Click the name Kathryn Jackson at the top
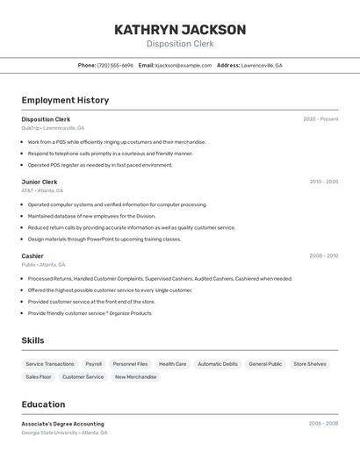coord(179,30)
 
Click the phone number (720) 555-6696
coord(115,65)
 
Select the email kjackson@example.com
coord(184,65)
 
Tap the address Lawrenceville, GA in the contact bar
coord(262,65)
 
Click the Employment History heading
coord(65,100)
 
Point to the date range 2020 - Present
coord(320,119)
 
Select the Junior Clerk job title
coord(40,182)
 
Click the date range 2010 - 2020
coord(323,182)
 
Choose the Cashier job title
coord(32,256)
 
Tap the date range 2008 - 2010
coord(323,256)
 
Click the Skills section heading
coord(32,340)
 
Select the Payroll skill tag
coord(93,364)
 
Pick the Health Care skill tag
coord(172,364)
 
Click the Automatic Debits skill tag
coord(217,364)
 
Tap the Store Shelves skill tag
coord(309,364)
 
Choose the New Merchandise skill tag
coord(135,377)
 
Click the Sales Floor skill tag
coord(39,377)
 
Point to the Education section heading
coord(43,404)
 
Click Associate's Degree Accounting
coord(62,424)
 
